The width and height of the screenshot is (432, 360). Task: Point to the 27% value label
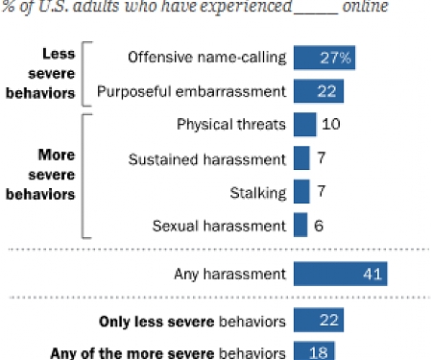335,58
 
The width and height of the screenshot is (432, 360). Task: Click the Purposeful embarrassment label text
204,91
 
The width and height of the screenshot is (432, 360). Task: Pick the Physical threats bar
304,125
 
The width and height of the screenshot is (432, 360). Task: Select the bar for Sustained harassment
301,158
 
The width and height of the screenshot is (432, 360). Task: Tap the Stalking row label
259,192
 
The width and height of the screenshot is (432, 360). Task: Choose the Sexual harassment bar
300,226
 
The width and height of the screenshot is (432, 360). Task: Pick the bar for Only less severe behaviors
319,320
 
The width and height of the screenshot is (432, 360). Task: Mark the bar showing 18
314,351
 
